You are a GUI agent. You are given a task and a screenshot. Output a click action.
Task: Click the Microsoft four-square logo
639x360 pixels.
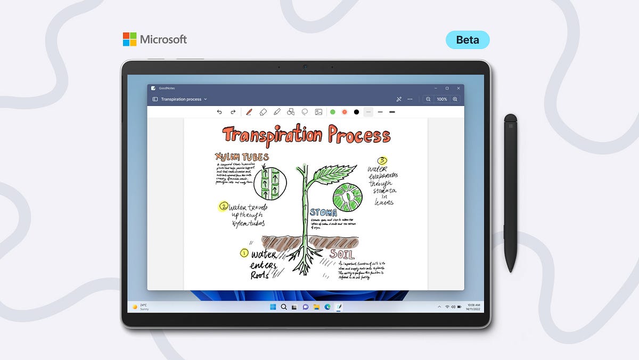tap(129, 39)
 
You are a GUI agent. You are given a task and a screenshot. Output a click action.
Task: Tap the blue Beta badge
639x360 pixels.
tap(467, 40)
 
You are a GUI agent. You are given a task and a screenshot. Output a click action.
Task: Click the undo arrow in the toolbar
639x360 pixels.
tap(219, 112)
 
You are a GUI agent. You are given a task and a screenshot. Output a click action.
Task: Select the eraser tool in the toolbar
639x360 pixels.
tap(263, 112)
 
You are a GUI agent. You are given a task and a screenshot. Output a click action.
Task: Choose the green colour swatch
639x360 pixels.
tap(333, 112)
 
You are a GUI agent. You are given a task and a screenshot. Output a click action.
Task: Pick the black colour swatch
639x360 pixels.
tap(356, 112)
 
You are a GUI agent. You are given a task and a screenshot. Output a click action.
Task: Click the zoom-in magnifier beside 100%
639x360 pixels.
tap(455, 99)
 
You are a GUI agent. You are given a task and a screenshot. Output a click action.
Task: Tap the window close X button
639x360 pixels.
tap(458, 88)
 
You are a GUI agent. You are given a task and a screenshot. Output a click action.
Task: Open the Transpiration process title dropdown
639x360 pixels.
tap(205, 99)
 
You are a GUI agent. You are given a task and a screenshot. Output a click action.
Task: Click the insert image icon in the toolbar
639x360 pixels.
tap(318, 112)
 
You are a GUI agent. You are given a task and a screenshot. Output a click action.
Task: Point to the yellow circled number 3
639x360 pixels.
tap(382, 160)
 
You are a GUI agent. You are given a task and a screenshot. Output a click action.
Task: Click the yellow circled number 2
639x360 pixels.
tap(224, 206)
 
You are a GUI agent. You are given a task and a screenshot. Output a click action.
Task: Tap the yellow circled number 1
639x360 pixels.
tap(244, 253)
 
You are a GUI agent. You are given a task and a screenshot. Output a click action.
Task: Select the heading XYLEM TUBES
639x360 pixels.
tap(242, 157)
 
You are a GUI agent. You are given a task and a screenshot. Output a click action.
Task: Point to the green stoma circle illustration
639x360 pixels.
tap(347, 198)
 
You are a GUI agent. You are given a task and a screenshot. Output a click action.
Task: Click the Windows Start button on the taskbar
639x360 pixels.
tap(273, 307)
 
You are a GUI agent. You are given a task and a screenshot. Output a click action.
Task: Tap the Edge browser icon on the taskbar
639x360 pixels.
tap(327, 307)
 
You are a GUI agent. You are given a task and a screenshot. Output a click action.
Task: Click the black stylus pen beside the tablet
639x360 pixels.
tap(510, 192)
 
